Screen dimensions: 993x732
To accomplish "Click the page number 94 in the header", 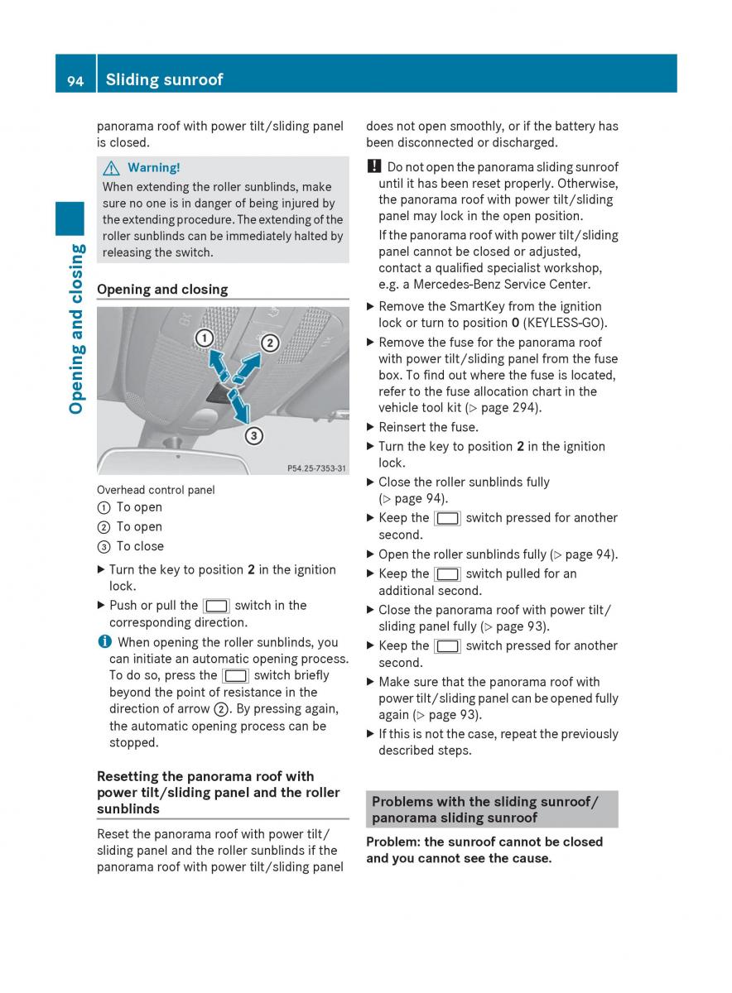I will (75, 79).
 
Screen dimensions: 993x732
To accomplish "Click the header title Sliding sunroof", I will (164, 79).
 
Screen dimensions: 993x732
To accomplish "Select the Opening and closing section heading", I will (162, 290).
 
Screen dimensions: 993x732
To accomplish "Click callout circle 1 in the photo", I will (205, 337).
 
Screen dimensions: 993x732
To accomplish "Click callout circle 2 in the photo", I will (269, 343).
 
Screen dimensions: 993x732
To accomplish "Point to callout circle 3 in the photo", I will (253, 435).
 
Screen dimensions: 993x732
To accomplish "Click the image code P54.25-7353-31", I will (316, 468).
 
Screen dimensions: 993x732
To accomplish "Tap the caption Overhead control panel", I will (156, 490).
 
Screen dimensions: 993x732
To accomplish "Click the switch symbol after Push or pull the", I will (216, 607).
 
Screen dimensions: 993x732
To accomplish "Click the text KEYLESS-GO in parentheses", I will (566, 323).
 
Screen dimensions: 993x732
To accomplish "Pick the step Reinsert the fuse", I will (428, 427).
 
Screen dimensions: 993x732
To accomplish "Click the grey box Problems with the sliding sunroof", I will (492, 809).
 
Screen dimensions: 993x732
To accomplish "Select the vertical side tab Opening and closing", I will (76, 329).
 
